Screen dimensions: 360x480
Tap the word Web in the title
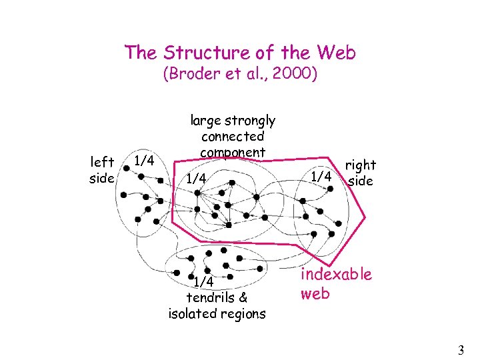click(x=337, y=53)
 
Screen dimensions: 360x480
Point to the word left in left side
click(x=102, y=162)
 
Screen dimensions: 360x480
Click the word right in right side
click(x=360, y=165)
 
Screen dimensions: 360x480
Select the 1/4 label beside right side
click(x=322, y=176)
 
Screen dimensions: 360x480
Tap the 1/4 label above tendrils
click(x=203, y=282)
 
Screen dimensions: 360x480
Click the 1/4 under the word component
click(x=197, y=179)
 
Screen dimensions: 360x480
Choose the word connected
click(x=233, y=137)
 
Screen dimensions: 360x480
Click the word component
click(x=233, y=152)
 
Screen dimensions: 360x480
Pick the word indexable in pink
click(x=336, y=275)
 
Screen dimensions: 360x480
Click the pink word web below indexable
click(x=315, y=293)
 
